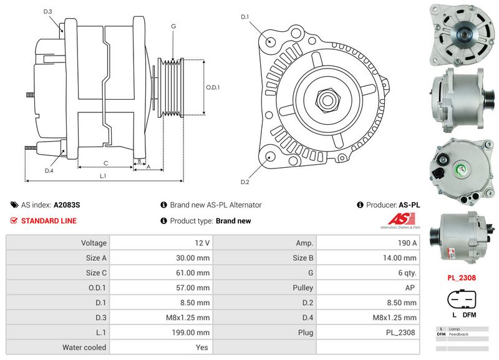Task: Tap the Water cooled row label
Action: point(84,348)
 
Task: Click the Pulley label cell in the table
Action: point(303,288)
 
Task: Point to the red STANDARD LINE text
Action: point(49,221)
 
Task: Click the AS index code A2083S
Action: point(67,205)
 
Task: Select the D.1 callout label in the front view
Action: point(245,16)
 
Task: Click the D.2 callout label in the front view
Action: point(245,182)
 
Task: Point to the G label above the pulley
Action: point(173,26)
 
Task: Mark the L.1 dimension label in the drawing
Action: point(104,176)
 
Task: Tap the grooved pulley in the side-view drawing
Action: point(170,87)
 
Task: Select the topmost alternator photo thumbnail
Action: point(462,35)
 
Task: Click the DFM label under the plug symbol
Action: point(469,315)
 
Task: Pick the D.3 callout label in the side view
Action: point(48,12)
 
